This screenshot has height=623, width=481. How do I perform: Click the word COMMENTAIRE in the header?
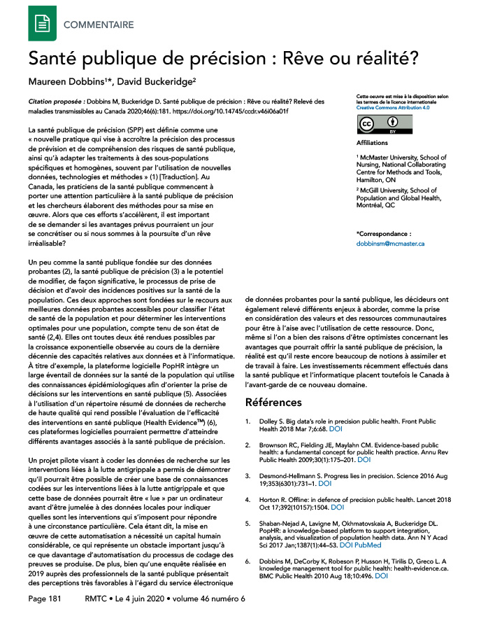(99, 25)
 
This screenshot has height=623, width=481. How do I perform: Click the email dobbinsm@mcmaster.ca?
(390, 244)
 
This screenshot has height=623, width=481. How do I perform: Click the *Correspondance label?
(384, 232)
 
